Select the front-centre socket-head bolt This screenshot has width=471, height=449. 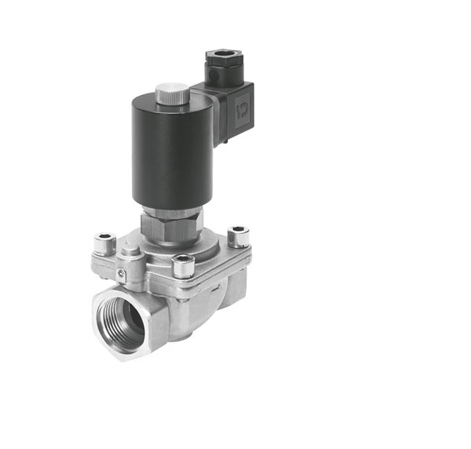183,265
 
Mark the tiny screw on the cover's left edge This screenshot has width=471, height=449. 121,273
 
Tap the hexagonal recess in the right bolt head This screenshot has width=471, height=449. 238,231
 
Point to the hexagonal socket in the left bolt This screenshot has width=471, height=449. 104,238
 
